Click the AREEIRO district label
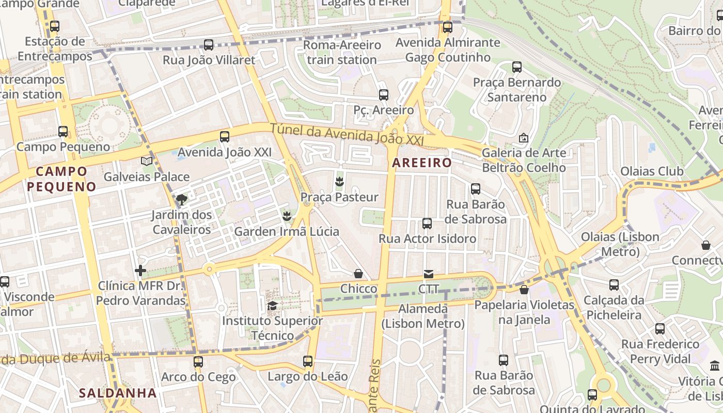click(x=421, y=163)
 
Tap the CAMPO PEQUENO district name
click(x=61, y=179)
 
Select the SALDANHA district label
click(x=118, y=393)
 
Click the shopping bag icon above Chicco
click(x=358, y=274)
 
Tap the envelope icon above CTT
click(x=429, y=274)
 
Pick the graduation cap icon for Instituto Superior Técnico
click(x=272, y=306)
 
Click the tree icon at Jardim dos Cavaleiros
click(x=181, y=199)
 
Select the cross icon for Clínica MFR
click(x=140, y=271)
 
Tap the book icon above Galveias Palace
click(x=147, y=162)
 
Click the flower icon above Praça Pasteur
click(x=339, y=182)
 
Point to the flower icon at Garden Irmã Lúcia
click(x=287, y=216)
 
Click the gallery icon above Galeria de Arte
click(x=524, y=138)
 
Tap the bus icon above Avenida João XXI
click(x=225, y=137)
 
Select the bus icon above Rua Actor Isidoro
click(x=427, y=224)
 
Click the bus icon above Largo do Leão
click(x=308, y=361)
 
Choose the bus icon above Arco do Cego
click(x=198, y=362)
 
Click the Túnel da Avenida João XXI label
click(x=347, y=134)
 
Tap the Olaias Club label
click(x=652, y=171)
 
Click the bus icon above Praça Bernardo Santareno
click(x=517, y=67)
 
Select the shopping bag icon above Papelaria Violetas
click(x=524, y=290)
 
